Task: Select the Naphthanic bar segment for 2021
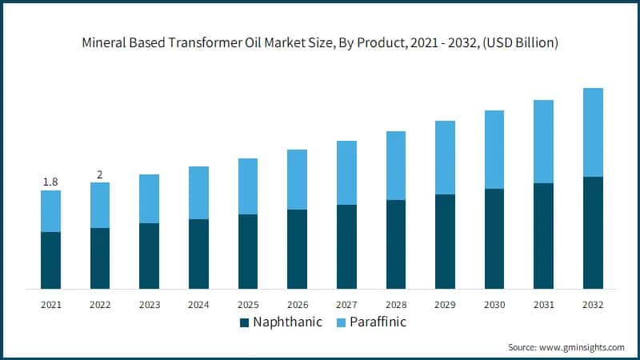point(50,260)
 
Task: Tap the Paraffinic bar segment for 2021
point(50,211)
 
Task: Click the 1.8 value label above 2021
point(50,182)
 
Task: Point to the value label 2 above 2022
point(100,174)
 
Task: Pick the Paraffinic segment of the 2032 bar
point(593,132)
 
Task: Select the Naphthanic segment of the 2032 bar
point(593,232)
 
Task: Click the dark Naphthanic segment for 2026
point(297,249)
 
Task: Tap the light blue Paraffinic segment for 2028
point(396,166)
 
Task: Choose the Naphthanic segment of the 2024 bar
point(198,254)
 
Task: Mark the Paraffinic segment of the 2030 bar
point(494,150)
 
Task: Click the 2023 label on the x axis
point(150,305)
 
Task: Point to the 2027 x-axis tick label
point(346,305)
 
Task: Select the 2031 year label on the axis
point(544,305)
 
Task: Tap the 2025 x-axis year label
point(248,305)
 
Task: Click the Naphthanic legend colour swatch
point(245,323)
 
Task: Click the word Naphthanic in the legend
point(287,323)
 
